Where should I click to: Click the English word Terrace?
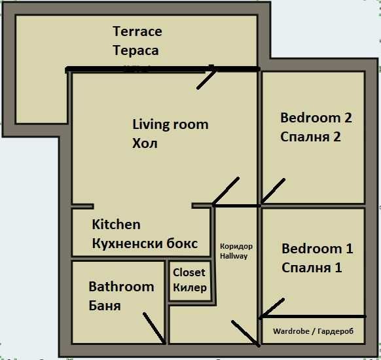coord(137,31)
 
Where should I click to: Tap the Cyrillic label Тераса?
coord(136,50)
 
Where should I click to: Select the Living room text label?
coord(170,124)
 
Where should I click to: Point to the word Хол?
coord(145,143)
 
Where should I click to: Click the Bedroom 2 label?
coord(316,118)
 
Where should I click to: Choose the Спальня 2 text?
coord(310,137)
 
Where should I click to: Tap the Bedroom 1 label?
coord(317,249)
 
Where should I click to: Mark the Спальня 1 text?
coord(312,268)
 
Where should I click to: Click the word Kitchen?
coord(116,225)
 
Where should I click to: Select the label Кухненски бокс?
coord(145,243)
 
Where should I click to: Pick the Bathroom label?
coord(121,287)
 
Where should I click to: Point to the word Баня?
coord(105,306)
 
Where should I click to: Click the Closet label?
coord(189,272)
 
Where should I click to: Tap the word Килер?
coord(190,287)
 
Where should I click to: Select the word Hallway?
coord(234,256)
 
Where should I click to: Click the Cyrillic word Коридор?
coord(236,246)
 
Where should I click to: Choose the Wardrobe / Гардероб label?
coord(313,331)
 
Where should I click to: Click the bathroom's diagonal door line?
coord(154,328)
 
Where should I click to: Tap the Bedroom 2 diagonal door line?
coord(273,191)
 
